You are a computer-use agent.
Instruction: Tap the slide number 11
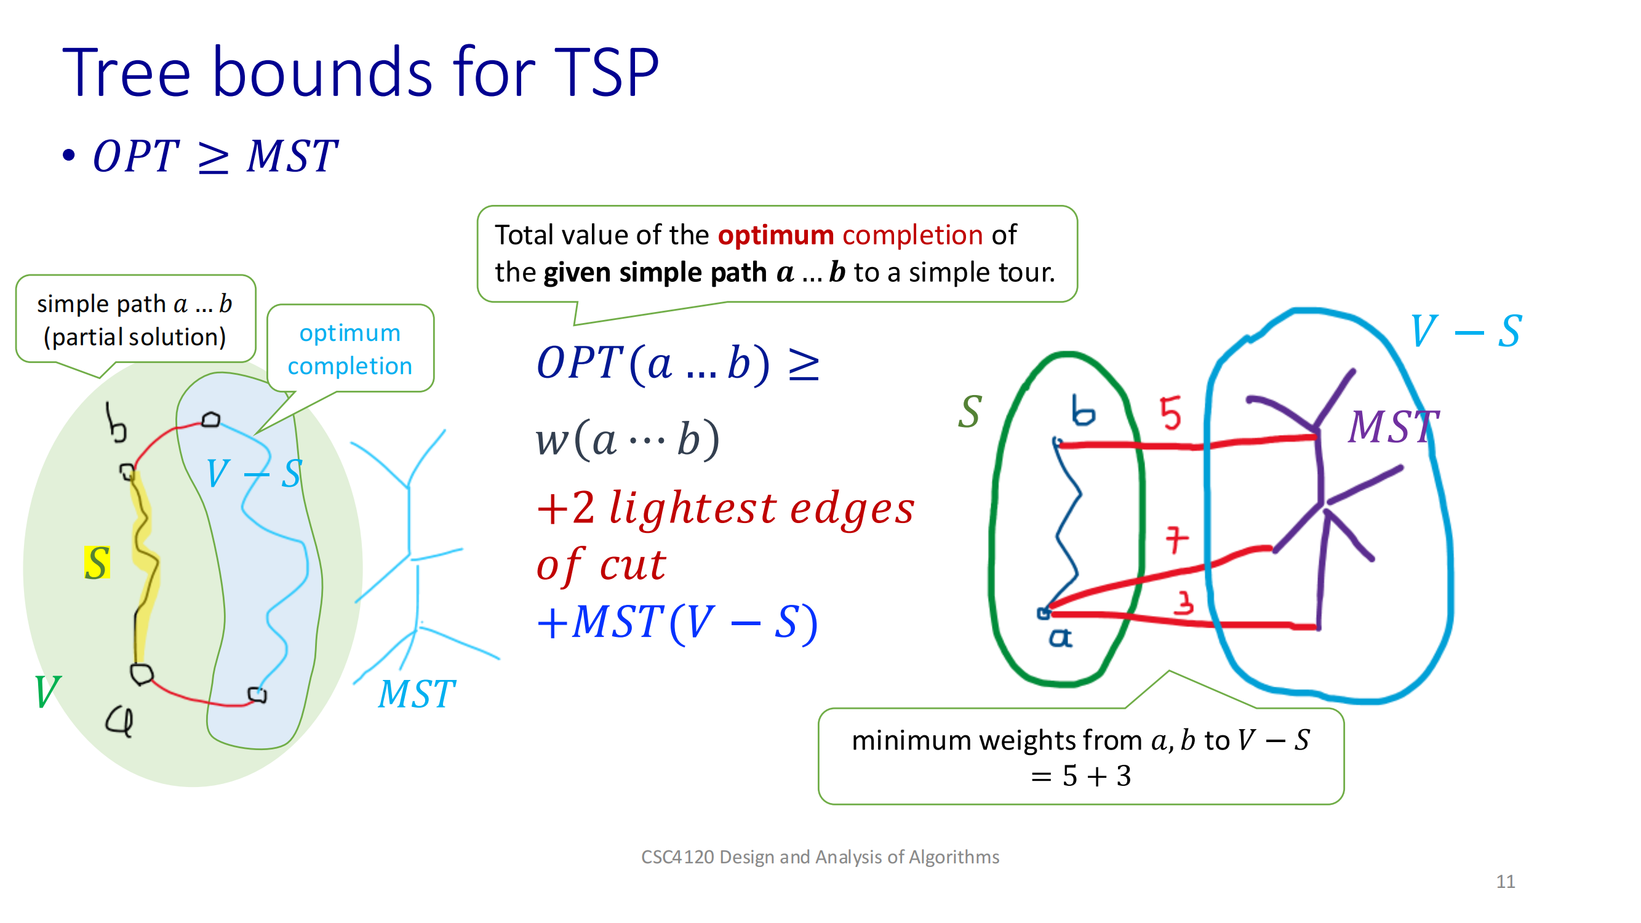[1504, 881]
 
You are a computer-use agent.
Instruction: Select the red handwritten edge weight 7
[1176, 540]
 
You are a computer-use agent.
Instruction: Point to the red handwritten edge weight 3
[1184, 602]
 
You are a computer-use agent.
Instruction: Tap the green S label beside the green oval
[970, 412]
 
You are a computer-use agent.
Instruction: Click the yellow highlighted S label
[97, 562]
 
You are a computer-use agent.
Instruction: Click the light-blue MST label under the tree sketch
[417, 693]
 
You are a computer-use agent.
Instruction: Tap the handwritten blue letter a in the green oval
[1060, 637]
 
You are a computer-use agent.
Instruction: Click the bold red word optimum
[775, 235]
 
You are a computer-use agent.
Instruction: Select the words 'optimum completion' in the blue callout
[349, 349]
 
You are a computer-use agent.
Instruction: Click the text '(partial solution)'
[134, 337]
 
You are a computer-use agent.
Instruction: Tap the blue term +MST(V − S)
[677, 622]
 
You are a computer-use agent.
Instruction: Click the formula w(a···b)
[628, 439]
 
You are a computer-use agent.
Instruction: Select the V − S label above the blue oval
[1466, 331]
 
